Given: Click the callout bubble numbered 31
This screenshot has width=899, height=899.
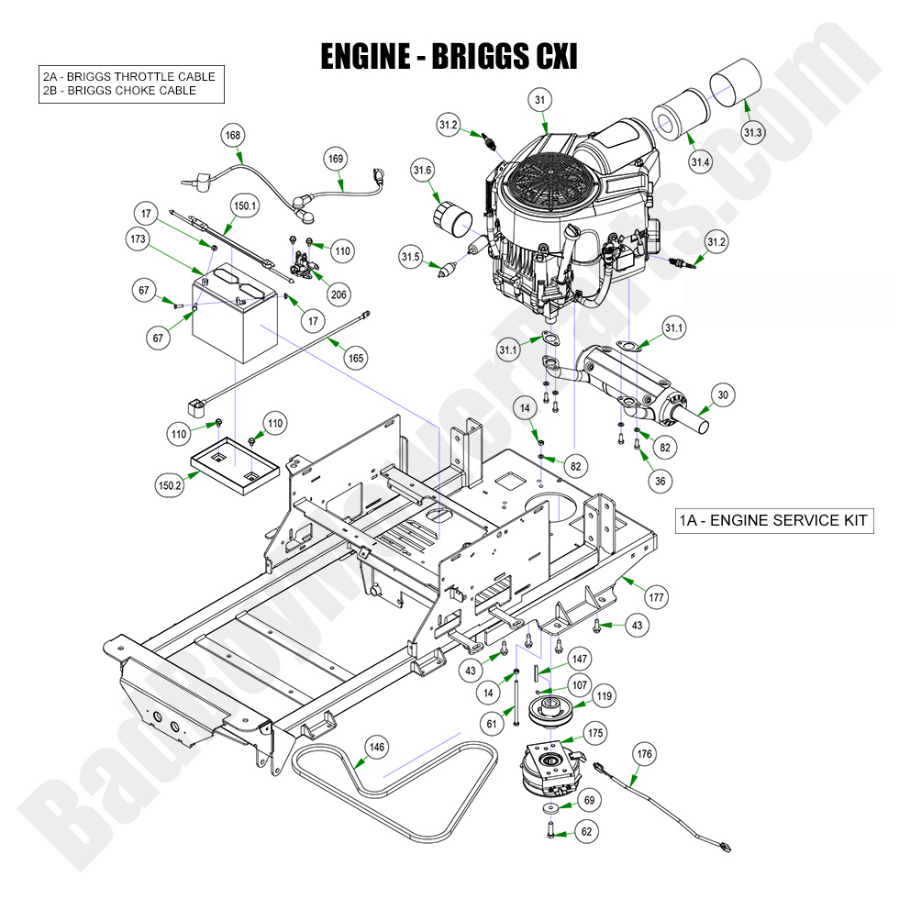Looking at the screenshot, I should (539, 100).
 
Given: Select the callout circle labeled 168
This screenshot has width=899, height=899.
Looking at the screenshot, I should (233, 136).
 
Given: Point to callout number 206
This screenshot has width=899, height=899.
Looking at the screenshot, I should (339, 294).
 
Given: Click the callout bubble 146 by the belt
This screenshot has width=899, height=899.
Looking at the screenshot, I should (376, 747).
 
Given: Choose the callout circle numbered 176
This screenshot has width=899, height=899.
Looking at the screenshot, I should (645, 755).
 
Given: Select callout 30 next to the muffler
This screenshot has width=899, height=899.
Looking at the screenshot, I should (723, 395).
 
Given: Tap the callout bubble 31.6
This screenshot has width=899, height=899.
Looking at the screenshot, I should (423, 170).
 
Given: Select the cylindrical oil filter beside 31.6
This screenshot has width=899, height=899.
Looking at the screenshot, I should (451, 222).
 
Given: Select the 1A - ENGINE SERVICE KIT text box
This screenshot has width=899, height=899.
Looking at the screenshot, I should (771, 520).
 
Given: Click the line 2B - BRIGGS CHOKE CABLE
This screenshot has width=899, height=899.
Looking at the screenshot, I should (119, 91).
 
